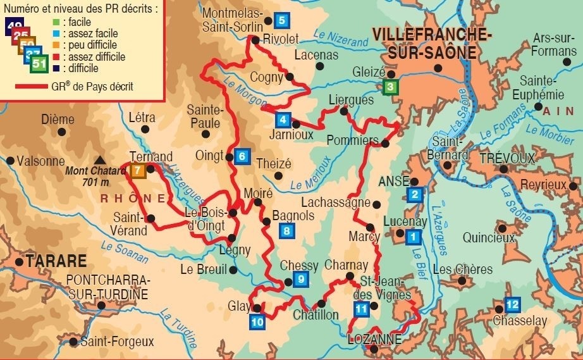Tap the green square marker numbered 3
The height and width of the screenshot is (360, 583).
pos(391,87)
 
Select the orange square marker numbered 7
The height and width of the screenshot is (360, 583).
pos(138,170)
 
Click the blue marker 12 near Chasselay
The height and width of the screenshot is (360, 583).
pos(512,304)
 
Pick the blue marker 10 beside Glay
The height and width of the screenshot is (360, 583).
pos(257,321)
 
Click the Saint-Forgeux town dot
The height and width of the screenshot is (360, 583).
pos(73,342)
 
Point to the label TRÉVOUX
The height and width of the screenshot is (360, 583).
pos(506,157)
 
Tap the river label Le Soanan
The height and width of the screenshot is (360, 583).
pos(126,251)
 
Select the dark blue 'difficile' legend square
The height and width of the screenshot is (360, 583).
pos(57,68)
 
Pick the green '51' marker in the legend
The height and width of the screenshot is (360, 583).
pos(39,65)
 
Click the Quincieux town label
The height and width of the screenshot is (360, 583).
pos(488,239)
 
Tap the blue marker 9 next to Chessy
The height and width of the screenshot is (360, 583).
pos(301,278)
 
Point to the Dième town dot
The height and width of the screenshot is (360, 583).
pos(61,132)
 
